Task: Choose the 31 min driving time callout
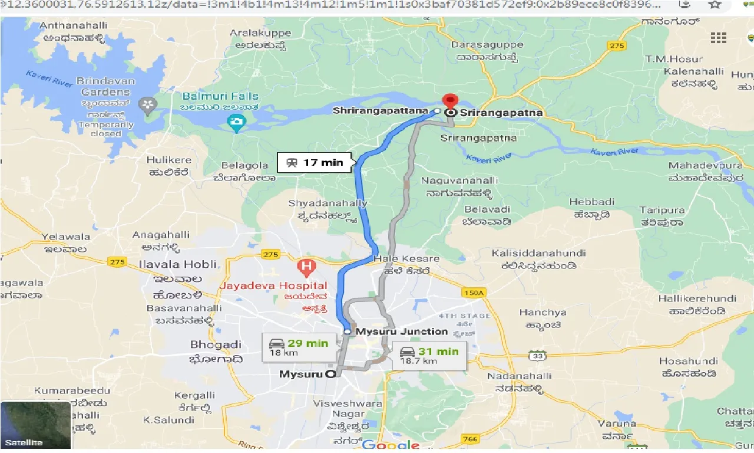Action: point(429,356)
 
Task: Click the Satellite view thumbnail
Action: point(35,425)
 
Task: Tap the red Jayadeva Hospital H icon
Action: point(306,268)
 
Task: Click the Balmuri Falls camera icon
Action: point(236,123)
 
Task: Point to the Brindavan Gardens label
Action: point(106,87)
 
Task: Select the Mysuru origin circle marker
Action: point(330,373)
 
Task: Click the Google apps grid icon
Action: point(718,38)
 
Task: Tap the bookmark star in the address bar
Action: point(715,5)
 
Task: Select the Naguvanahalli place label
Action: point(464,180)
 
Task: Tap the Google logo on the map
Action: point(391,445)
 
